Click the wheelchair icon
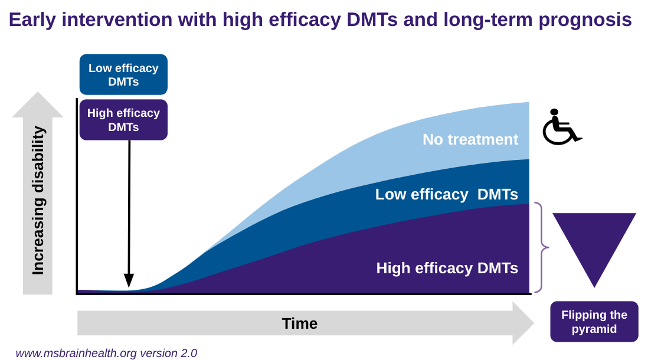point(561,127)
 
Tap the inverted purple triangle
point(594,242)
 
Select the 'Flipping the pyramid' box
point(594,322)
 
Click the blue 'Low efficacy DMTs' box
point(123,74)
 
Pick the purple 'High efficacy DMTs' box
point(123,119)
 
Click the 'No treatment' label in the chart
point(470,139)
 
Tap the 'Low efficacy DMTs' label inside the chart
point(447,194)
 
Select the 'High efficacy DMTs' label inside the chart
point(447,268)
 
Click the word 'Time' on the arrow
point(299,323)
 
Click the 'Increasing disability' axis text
point(38,201)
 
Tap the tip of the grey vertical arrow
point(38,94)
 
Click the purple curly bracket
point(542,248)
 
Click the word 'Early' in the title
point(32,19)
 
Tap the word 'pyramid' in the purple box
point(594,329)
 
